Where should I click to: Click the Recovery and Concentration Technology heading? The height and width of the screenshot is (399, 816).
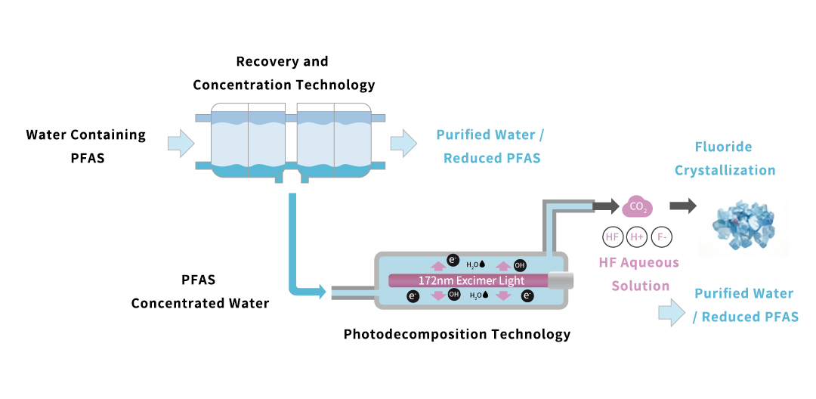[283, 73]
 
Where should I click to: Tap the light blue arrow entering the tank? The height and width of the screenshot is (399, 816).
[181, 143]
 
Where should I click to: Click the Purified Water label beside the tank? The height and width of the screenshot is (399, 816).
[490, 147]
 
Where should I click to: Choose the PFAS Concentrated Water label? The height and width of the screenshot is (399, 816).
[199, 292]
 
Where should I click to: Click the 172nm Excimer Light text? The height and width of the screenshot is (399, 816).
[471, 280]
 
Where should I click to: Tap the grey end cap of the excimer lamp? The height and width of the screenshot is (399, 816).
[560, 280]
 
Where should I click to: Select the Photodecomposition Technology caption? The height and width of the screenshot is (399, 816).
[457, 334]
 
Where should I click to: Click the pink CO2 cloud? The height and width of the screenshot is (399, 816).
[638, 206]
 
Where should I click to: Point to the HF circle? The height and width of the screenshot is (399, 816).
[612, 237]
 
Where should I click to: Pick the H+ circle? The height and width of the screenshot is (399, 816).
[636, 237]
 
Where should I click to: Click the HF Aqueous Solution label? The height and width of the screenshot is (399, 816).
[638, 274]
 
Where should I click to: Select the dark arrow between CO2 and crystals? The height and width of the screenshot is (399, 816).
[683, 206]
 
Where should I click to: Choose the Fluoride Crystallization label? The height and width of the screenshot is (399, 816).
[725, 159]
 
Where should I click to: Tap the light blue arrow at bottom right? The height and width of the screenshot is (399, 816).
[670, 312]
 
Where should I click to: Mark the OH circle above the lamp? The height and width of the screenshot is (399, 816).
[520, 265]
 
